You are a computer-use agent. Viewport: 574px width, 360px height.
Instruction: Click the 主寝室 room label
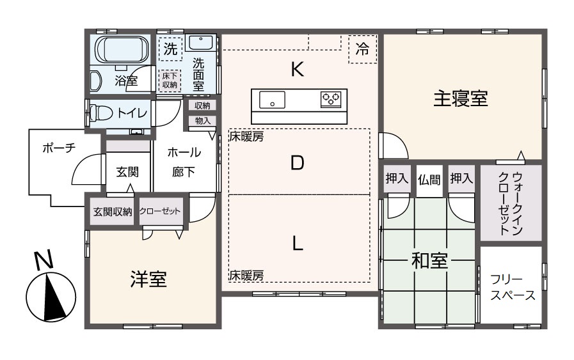click(x=461, y=99)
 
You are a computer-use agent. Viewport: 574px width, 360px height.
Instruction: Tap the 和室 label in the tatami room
click(x=429, y=261)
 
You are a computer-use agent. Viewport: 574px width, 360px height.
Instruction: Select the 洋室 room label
click(x=148, y=279)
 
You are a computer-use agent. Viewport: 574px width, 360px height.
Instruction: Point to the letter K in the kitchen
click(x=297, y=69)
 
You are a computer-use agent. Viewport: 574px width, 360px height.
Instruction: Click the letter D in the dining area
click(x=297, y=164)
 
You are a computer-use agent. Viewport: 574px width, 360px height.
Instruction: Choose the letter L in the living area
click(x=297, y=244)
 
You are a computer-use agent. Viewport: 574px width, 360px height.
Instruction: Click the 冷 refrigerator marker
click(x=362, y=50)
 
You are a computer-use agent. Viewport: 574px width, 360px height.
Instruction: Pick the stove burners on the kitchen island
click(x=331, y=99)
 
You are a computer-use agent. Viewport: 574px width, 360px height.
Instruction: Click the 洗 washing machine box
click(x=170, y=49)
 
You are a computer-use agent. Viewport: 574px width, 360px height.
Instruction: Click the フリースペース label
click(x=511, y=288)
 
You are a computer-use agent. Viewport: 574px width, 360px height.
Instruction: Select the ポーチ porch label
click(x=59, y=147)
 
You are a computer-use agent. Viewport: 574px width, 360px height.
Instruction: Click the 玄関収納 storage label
click(x=112, y=212)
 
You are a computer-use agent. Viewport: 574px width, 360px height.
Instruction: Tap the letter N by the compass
click(x=43, y=261)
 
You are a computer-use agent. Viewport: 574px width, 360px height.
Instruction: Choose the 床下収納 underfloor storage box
click(x=170, y=80)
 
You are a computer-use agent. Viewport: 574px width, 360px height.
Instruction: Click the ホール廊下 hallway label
click(x=184, y=162)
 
